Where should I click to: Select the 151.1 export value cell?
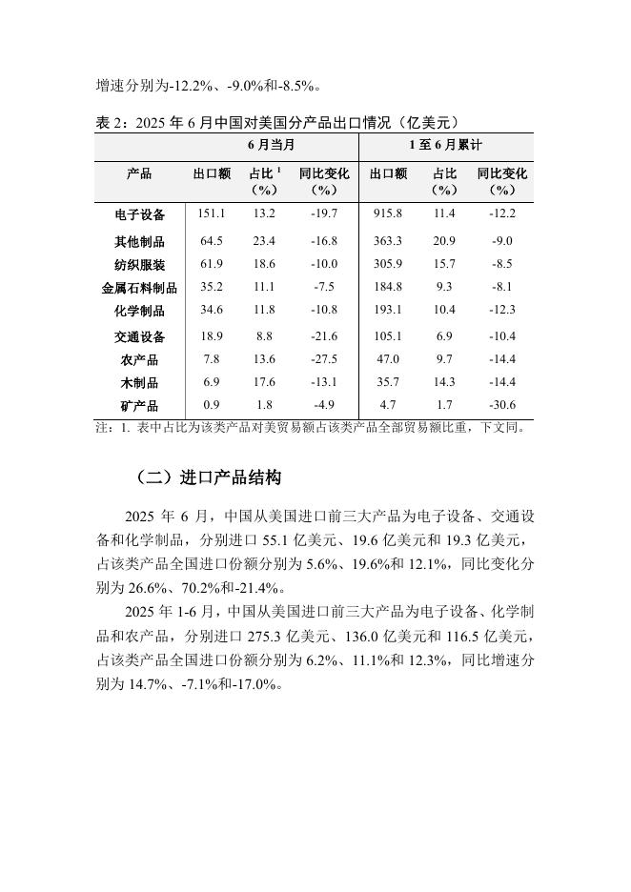(212, 213)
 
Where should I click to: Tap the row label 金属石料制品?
(139, 287)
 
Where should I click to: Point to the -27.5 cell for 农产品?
(324, 358)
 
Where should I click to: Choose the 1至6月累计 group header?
(445, 145)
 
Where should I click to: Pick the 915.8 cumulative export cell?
(388, 213)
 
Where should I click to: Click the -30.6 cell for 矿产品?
(501, 405)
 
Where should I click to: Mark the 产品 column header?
(139, 174)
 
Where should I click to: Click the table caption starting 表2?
(278, 121)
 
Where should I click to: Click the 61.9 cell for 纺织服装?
(212, 264)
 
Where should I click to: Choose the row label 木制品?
(139, 382)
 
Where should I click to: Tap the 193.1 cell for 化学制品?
(388, 311)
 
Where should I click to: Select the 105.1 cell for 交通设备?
(388, 336)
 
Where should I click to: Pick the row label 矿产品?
(139, 406)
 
